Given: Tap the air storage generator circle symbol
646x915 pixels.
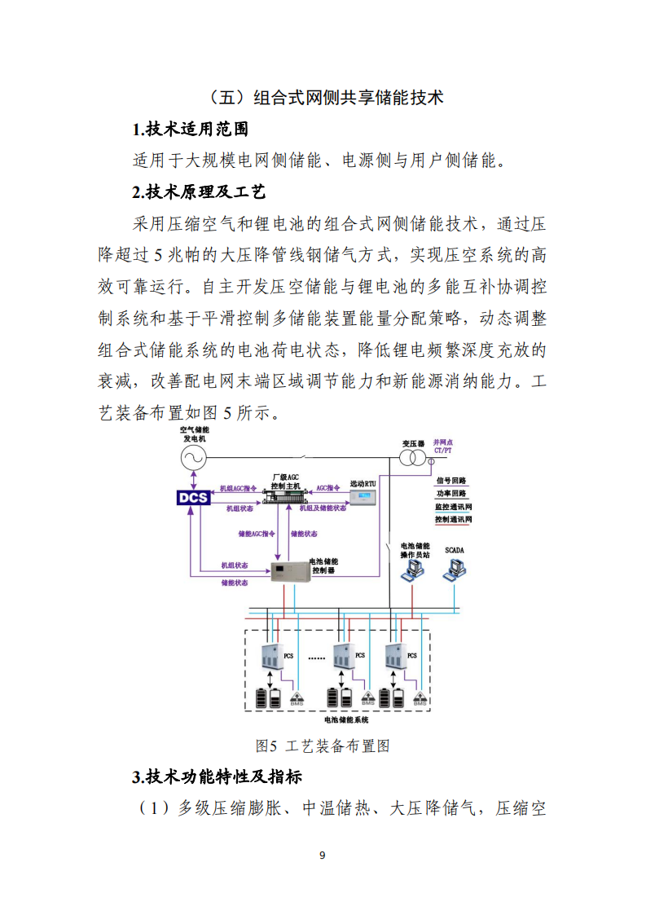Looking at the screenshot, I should pyautogui.click(x=195, y=458).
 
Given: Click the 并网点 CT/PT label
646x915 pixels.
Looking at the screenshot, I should pyautogui.click(x=444, y=446).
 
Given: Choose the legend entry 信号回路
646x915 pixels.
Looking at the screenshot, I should pyautogui.click(x=450, y=481).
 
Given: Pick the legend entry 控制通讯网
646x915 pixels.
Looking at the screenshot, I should pyautogui.click(x=453, y=519).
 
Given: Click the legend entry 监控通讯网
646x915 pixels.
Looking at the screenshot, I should pyautogui.click(x=453, y=506).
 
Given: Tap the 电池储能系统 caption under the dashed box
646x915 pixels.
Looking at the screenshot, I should pyautogui.click(x=346, y=720).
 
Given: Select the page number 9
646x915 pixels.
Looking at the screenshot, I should pyautogui.click(x=323, y=855).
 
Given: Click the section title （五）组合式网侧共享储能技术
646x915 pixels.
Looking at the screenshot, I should pyautogui.click(x=323, y=97).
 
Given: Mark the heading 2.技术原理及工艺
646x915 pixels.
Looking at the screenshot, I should pyautogui.click(x=198, y=192).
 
